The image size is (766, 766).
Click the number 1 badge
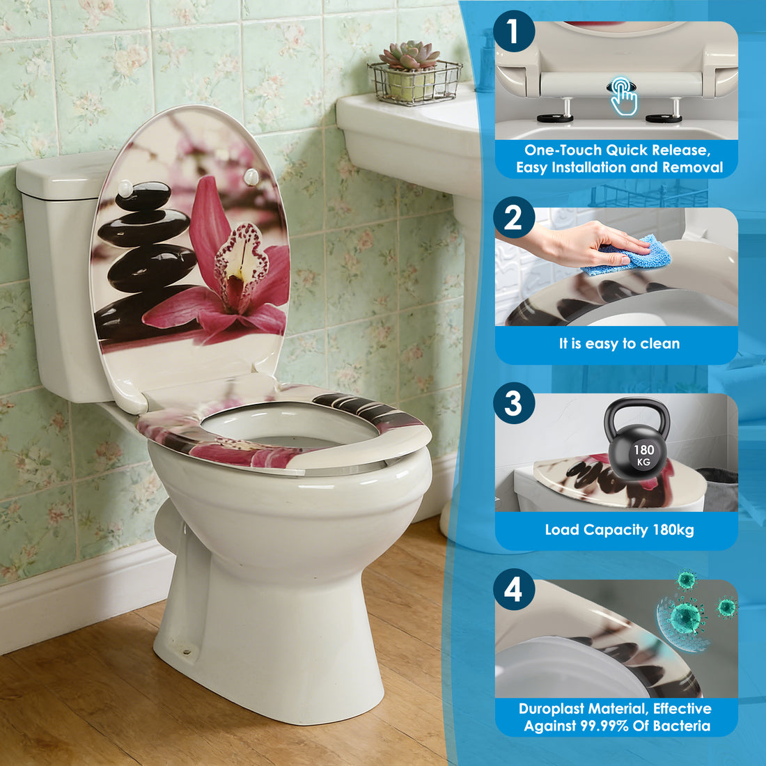[513, 31]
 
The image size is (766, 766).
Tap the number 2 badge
[513, 217]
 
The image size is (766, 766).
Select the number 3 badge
[513, 403]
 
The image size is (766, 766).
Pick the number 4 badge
[513, 590]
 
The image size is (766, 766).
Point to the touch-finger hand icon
[623, 96]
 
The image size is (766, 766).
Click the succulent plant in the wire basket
[410, 55]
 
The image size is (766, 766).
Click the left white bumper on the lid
[125, 188]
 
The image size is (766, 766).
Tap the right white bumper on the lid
[251, 177]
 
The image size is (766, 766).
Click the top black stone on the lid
[143, 196]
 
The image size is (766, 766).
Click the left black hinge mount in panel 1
[555, 118]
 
